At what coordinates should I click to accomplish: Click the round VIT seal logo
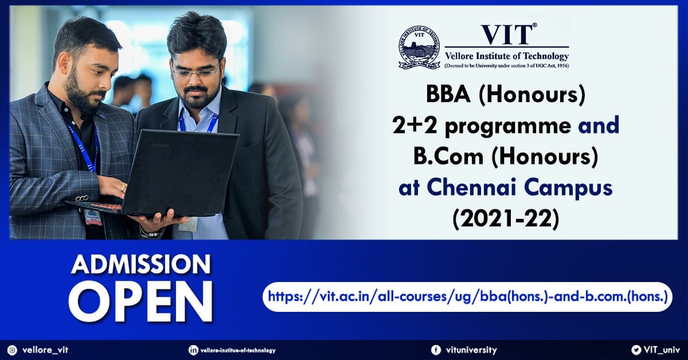419,48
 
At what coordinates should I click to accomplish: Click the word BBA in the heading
448,95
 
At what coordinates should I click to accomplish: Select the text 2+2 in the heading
415,126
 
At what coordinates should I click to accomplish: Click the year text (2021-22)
506,219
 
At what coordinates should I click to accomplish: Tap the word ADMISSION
141,264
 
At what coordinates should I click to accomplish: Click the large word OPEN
141,302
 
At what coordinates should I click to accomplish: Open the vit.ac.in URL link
468,297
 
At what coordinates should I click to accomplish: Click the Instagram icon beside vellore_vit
12,350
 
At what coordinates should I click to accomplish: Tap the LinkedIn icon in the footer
193,350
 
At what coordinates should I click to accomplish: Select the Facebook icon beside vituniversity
436,350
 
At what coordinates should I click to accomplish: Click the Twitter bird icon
636,350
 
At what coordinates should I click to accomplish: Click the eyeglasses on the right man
196,72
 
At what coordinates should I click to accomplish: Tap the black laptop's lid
181,172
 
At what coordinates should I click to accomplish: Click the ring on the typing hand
123,187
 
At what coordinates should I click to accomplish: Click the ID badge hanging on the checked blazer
93,217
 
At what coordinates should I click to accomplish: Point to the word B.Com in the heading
448,156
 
